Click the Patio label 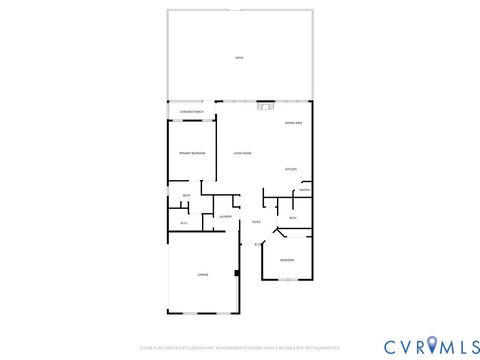click(x=239, y=58)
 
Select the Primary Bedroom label click(x=192, y=153)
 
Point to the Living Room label click(x=243, y=153)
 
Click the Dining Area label click(x=293, y=123)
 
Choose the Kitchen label click(x=291, y=169)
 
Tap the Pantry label click(x=304, y=190)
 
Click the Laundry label click(x=225, y=217)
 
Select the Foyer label click(x=256, y=221)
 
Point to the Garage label click(x=203, y=274)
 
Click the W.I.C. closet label click(x=184, y=222)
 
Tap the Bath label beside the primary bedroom click(x=186, y=195)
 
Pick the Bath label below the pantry click(x=293, y=217)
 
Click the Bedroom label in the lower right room click(x=287, y=260)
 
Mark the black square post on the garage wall click(x=237, y=272)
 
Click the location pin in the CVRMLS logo click(x=432, y=346)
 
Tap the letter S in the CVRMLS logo click(x=471, y=346)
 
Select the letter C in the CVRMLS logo click(x=388, y=346)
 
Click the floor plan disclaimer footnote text click(x=240, y=347)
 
